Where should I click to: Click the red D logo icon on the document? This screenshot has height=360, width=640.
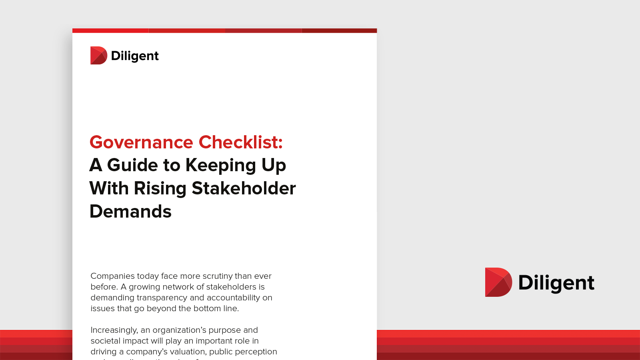(x=98, y=56)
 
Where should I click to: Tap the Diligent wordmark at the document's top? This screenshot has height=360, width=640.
(x=135, y=56)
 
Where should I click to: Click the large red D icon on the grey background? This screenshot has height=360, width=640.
(x=498, y=282)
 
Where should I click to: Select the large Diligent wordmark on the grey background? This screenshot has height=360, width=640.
(x=556, y=283)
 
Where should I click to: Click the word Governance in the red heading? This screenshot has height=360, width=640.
(x=141, y=142)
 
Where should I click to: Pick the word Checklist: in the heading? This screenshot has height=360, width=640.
(x=241, y=142)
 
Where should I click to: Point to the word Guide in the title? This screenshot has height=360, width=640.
(x=132, y=165)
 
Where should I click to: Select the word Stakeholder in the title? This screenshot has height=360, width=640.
(x=244, y=188)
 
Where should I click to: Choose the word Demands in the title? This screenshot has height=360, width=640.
(x=130, y=212)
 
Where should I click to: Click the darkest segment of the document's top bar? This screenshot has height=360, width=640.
(x=339, y=30)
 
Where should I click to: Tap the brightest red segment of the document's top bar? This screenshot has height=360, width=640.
(x=110, y=30)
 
